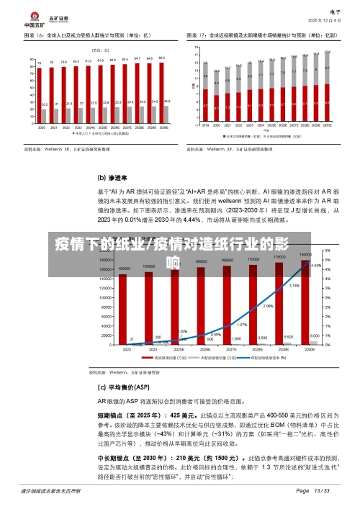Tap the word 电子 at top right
point(335,12)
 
